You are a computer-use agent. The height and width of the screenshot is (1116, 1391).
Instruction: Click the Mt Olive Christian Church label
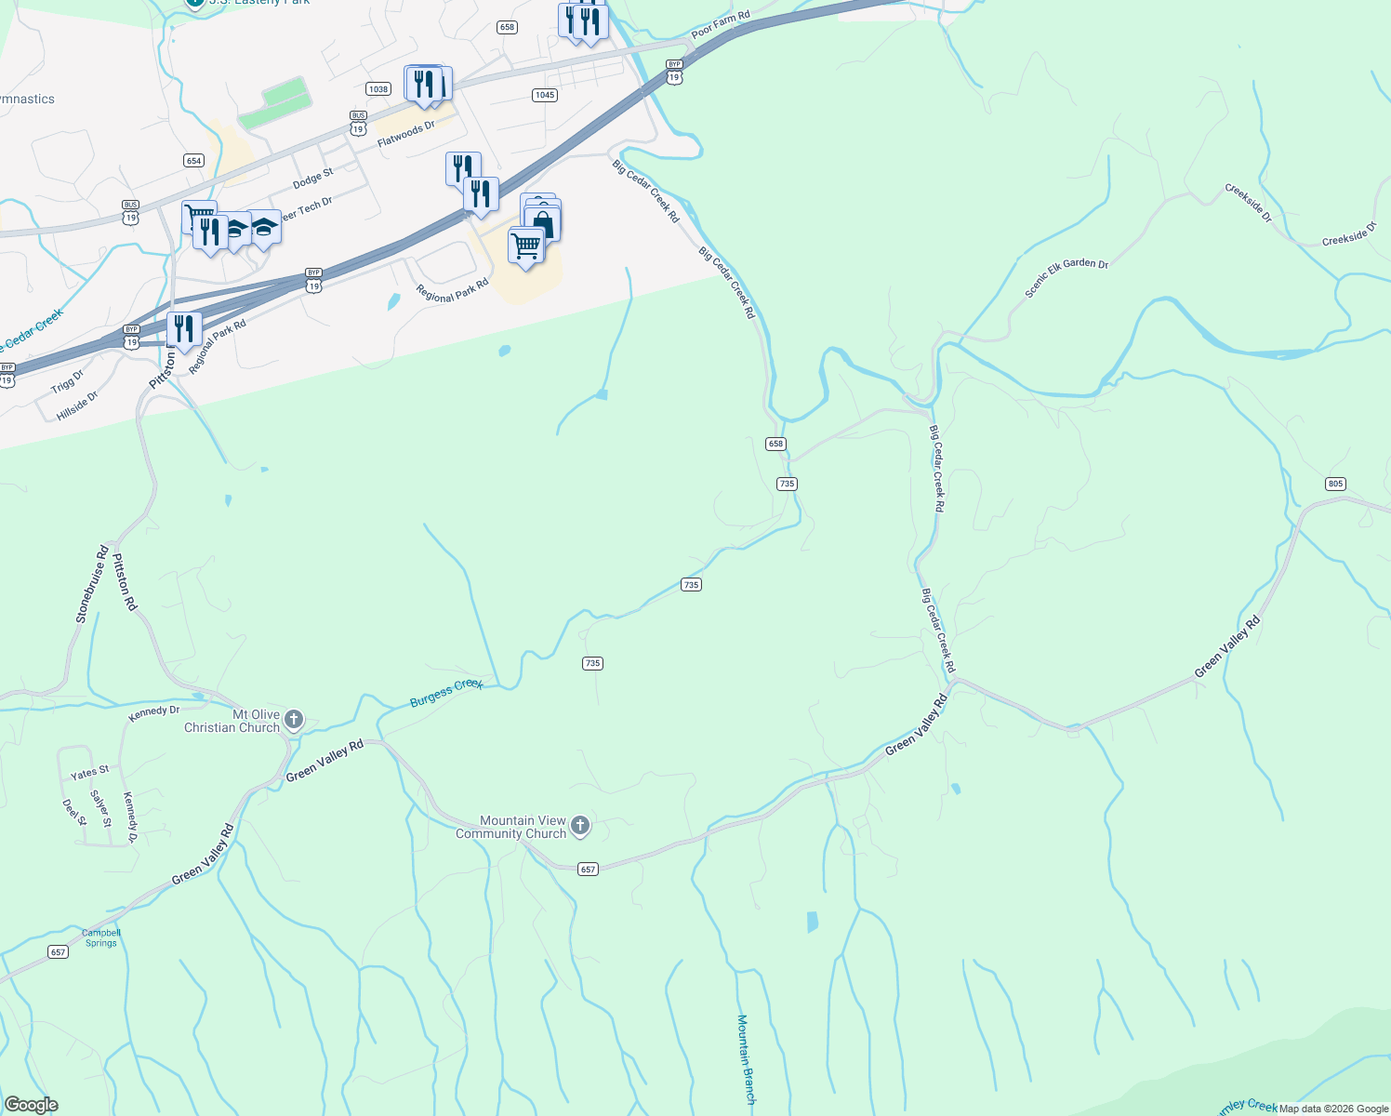232,722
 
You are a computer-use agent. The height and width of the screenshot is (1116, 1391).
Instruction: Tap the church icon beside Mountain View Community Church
579,825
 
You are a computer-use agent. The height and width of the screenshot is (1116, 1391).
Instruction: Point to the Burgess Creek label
446,693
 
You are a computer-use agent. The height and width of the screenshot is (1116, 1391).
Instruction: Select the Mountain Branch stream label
745,1059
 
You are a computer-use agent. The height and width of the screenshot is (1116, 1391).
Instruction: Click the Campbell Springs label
100,937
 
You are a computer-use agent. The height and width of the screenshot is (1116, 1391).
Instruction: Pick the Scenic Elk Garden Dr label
1066,277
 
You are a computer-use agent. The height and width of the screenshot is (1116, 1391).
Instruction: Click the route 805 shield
1335,484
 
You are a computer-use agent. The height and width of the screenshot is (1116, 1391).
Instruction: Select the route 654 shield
193,161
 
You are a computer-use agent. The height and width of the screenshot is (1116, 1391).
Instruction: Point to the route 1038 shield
378,89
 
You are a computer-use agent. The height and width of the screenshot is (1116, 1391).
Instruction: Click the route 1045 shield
545,95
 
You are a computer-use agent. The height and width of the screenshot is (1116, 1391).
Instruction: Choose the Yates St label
90,773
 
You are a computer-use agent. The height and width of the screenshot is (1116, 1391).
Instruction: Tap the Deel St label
74,812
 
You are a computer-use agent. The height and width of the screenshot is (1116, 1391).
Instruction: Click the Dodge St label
312,179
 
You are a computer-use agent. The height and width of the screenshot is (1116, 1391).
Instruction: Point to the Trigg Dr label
67,381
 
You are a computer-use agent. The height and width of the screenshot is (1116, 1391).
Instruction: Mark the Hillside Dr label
77,405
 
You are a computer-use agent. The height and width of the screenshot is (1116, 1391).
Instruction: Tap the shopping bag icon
542,224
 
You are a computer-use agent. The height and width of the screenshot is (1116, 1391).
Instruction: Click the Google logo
32,1105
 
